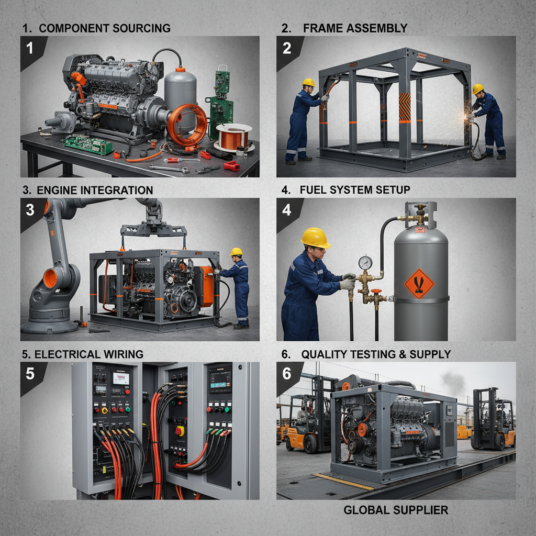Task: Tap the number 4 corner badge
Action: tap(286, 210)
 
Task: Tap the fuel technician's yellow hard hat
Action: tap(315, 238)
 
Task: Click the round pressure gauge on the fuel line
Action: tap(365, 262)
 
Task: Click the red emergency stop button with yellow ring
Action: tap(180, 431)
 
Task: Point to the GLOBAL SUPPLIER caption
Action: tap(396, 509)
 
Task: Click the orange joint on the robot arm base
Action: tap(50, 278)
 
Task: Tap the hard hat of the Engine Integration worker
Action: tap(237, 252)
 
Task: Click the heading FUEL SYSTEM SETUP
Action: tap(355, 189)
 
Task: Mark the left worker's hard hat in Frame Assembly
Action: tap(309, 83)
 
